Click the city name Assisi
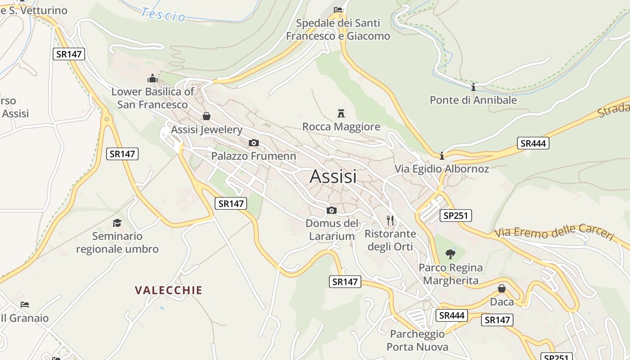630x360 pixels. tap(333, 176)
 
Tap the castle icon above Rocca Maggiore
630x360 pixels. tap(341, 113)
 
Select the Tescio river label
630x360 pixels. tap(163, 14)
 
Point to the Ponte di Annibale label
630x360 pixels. tap(473, 100)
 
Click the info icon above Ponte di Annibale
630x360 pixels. tap(473, 87)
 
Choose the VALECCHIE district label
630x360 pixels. tap(169, 290)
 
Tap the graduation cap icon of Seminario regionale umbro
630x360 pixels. tap(117, 223)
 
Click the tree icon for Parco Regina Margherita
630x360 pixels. tap(450, 254)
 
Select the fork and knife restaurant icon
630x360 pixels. tap(390, 220)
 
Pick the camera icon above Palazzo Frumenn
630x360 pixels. tap(254, 143)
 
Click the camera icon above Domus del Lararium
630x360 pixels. tap(332, 210)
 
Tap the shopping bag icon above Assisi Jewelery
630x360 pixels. tap(207, 116)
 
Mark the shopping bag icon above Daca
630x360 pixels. tap(502, 288)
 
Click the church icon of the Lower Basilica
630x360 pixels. tap(153, 78)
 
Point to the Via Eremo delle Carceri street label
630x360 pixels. tap(554, 232)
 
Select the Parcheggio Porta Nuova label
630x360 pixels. tap(417, 340)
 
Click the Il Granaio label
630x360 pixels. tap(25, 318)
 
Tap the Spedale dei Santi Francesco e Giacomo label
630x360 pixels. tap(338, 29)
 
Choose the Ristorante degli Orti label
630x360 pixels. tap(390, 240)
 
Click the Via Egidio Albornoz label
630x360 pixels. tap(441, 169)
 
